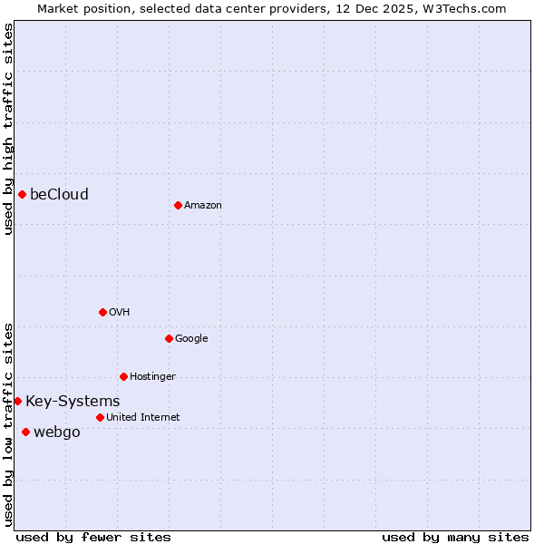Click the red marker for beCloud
[22, 194]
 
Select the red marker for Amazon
[178, 205]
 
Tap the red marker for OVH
[102, 312]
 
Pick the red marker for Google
[169, 338]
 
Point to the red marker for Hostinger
[123, 376]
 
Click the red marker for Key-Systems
[17, 401]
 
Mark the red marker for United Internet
[100, 417]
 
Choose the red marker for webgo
[25, 432]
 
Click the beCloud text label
[59, 194]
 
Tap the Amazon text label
[203, 206]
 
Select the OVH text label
[120, 313]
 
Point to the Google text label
[191, 339]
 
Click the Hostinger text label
[152, 377]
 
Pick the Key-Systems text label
[73, 402]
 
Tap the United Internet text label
[142, 418]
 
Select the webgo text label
[56, 432]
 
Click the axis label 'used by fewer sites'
[93, 537]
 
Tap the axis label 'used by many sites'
[455, 537]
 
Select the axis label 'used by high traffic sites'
[9, 129]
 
